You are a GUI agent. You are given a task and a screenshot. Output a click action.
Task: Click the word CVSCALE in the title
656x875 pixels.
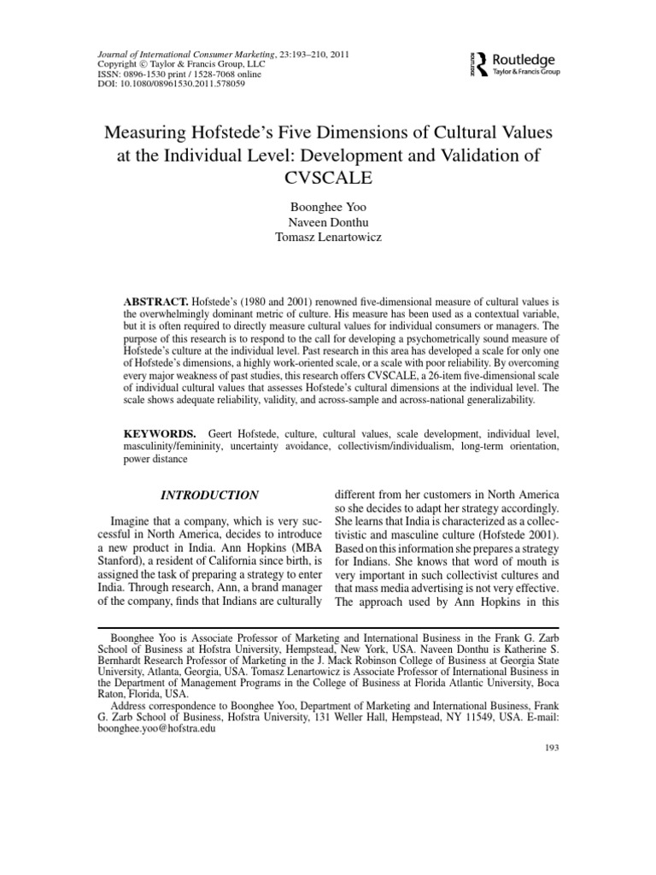(327, 178)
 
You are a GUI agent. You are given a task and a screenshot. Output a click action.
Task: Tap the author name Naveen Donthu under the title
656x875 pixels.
(327, 221)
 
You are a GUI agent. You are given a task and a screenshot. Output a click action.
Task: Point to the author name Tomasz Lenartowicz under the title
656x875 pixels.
(327, 237)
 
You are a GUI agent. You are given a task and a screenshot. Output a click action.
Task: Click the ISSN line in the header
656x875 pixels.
(180, 75)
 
